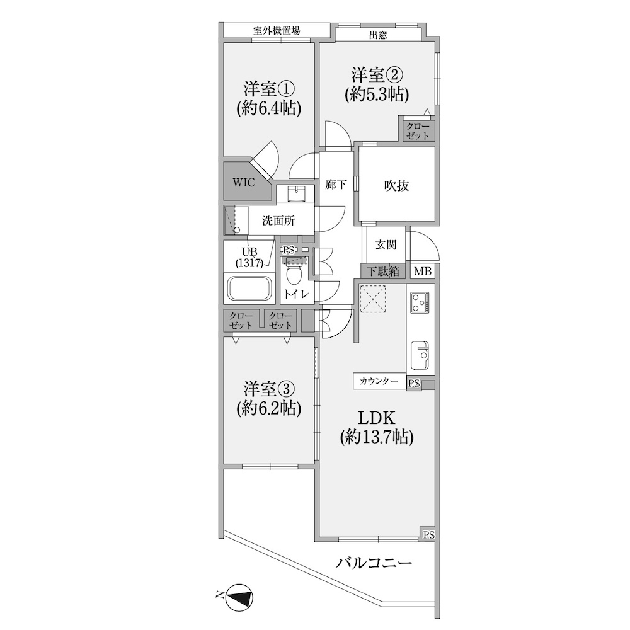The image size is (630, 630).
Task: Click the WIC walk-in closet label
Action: pyautogui.click(x=243, y=183)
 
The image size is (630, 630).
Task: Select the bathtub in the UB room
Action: pyautogui.click(x=250, y=288)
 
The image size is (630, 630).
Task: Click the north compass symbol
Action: pyautogui.click(x=239, y=595)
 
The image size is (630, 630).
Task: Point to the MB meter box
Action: pyautogui.click(x=422, y=271)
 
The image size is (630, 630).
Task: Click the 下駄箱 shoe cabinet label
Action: pyautogui.click(x=383, y=271)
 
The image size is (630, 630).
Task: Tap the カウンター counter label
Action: pyautogui.click(x=379, y=381)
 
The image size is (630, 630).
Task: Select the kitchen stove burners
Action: pyautogui.click(x=420, y=302)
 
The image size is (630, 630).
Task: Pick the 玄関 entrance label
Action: pyautogui.click(x=386, y=244)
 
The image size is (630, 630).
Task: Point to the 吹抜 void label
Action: pyautogui.click(x=396, y=186)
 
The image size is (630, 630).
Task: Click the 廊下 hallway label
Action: pyautogui.click(x=336, y=185)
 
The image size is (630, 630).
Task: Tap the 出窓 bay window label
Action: pyautogui.click(x=377, y=35)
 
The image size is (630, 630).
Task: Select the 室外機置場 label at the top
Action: pyautogui.click(x=277, y=30)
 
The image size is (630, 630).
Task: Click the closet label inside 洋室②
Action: pyautogui.click(x=417, y=131)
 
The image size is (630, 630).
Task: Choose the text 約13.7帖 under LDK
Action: pyautogui.click(x=377, y=437)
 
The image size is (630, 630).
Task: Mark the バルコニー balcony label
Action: pyautogui.click(x=374, y=563)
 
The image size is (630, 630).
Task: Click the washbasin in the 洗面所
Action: pyautogui.click(x=296, y=193)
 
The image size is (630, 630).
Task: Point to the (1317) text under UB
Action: pyautogui.click(x=249, y=263)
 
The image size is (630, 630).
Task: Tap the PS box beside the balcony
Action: pyautogui.click(x=428, y=535)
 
